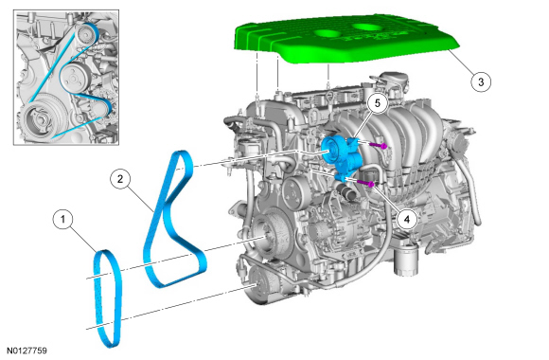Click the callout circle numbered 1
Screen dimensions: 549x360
[63, 220]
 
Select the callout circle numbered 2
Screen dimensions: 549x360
[120, 179]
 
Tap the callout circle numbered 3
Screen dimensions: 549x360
[481, 82]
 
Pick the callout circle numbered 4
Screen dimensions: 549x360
[406, 220]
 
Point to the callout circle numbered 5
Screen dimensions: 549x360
[377, 103]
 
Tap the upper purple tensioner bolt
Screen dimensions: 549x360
[379, 146]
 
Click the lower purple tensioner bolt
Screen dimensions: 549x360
[366, 183]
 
